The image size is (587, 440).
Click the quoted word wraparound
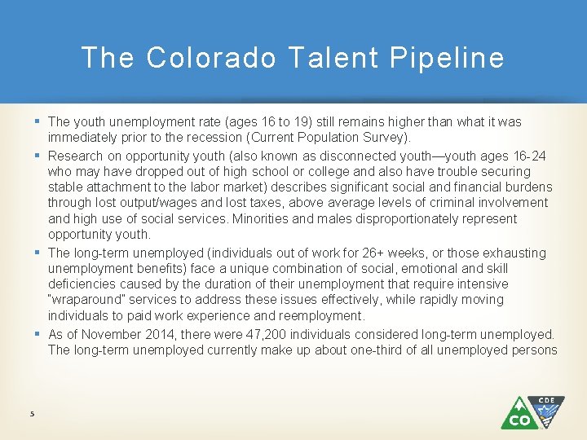tap(86, 300)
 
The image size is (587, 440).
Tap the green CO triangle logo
tap(519, 414)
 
